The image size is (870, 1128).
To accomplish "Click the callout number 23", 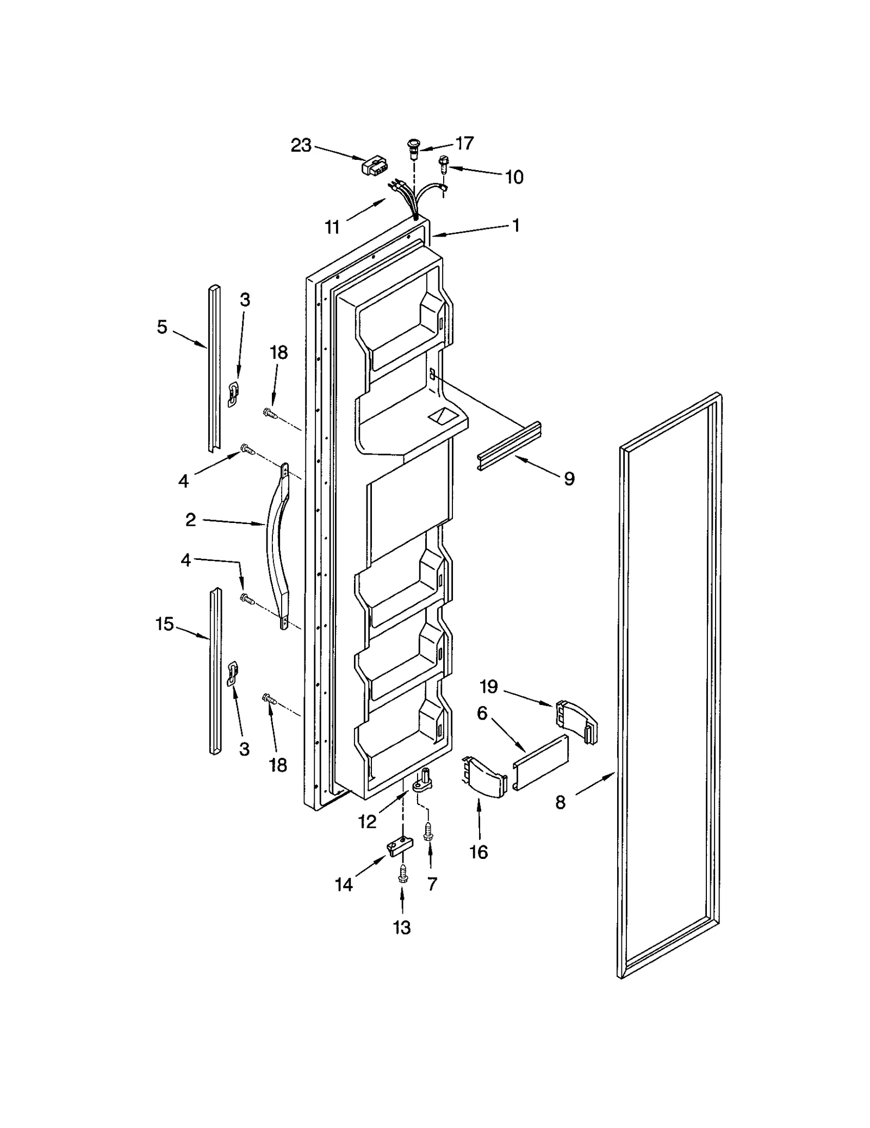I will point(301,145).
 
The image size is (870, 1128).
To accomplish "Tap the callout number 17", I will point(464,143).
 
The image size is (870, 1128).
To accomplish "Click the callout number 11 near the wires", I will point(332,227).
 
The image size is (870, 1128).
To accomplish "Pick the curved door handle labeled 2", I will point(277,544).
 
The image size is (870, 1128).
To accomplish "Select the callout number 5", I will point(162,327).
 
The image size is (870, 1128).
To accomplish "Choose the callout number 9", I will point(569,478).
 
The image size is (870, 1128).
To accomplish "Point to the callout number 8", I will point(561,802).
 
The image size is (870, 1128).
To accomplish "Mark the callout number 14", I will point(344,884).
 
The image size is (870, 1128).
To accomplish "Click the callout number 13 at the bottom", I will point(402,927).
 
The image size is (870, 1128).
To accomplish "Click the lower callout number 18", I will point(278,765).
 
